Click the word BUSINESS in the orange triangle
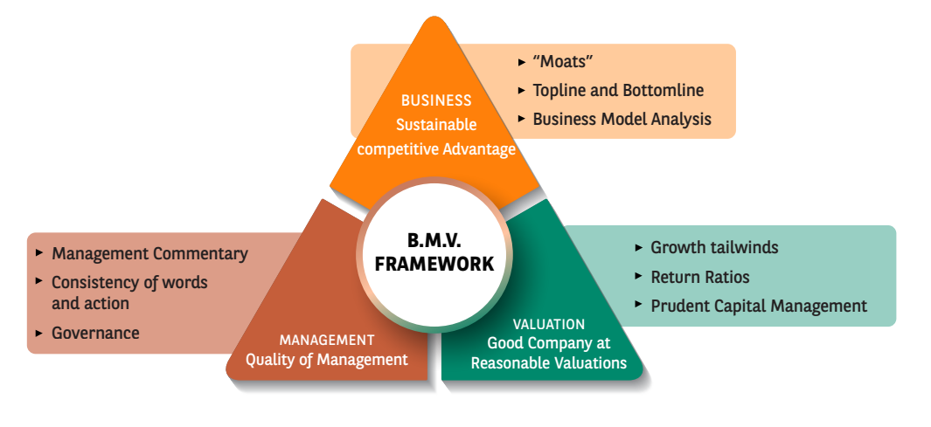[436, 100]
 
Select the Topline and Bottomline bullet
[618, 90]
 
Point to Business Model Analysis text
[622, 119]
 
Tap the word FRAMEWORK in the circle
[434, 264]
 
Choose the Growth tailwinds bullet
[714, 247]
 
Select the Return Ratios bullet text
[700, 277]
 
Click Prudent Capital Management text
[759, 306]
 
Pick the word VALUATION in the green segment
[549, 324]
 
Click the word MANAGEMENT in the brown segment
[327, 340]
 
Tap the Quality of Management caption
[327, 359]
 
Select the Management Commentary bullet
[149, 254]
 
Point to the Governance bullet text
[95, 333]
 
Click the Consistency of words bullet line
[129, 282]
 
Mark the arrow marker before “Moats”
[522, 62]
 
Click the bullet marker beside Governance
[40, 333]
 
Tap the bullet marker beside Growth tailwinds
[640, 247]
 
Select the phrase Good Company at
[549, 343]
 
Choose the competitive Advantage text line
[436, 149]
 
